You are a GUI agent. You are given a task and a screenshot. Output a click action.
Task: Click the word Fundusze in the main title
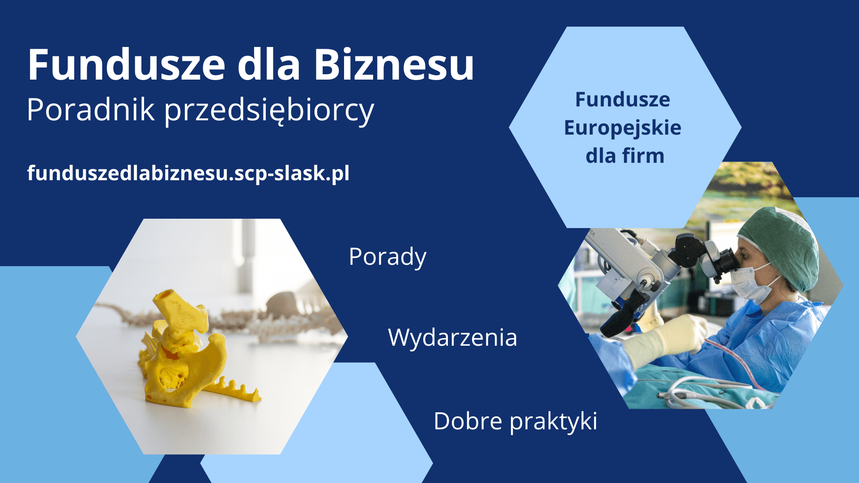(127, 64)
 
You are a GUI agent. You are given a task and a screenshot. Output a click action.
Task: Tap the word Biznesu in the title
(394, 64)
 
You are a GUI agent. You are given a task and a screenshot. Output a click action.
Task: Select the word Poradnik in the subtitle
(91, 109)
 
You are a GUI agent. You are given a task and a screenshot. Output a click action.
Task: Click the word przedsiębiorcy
(269, 111)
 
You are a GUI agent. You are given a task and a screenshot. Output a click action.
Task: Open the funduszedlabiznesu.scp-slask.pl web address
(188, 174)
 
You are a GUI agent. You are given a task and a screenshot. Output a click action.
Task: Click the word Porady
(387, 258)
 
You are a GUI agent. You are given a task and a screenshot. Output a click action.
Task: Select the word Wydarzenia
(452, 338)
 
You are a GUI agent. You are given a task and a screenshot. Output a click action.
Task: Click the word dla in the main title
(269, 64)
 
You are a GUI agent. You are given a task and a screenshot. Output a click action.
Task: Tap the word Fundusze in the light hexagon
(622, 99)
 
